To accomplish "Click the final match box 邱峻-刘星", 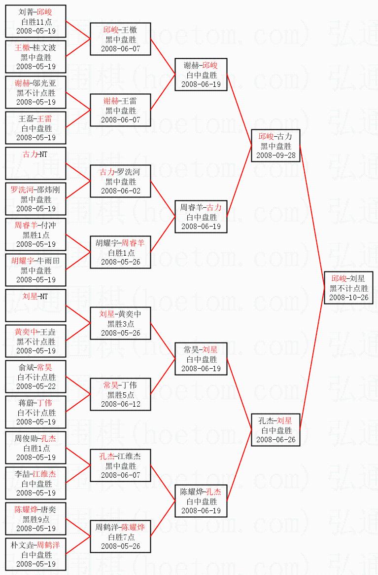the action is point(348,288).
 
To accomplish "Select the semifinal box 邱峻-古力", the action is point(275,146).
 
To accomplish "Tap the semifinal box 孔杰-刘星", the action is point(275,430).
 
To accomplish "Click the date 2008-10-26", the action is point(348,297).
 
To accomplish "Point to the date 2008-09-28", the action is point(275,155).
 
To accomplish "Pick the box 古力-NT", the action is point(35,163).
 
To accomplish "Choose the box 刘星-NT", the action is point(35,306).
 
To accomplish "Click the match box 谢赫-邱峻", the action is point(201,75).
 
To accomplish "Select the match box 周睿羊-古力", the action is point(201,217).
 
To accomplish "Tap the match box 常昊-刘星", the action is point(201,359).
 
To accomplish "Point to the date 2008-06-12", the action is point(120,404).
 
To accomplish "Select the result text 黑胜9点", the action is point(35,519).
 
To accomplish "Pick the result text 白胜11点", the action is point(35,22).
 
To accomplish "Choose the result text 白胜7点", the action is point(120,537).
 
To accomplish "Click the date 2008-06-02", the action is point(120,191).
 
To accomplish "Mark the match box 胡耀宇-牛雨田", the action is point(35,270).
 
